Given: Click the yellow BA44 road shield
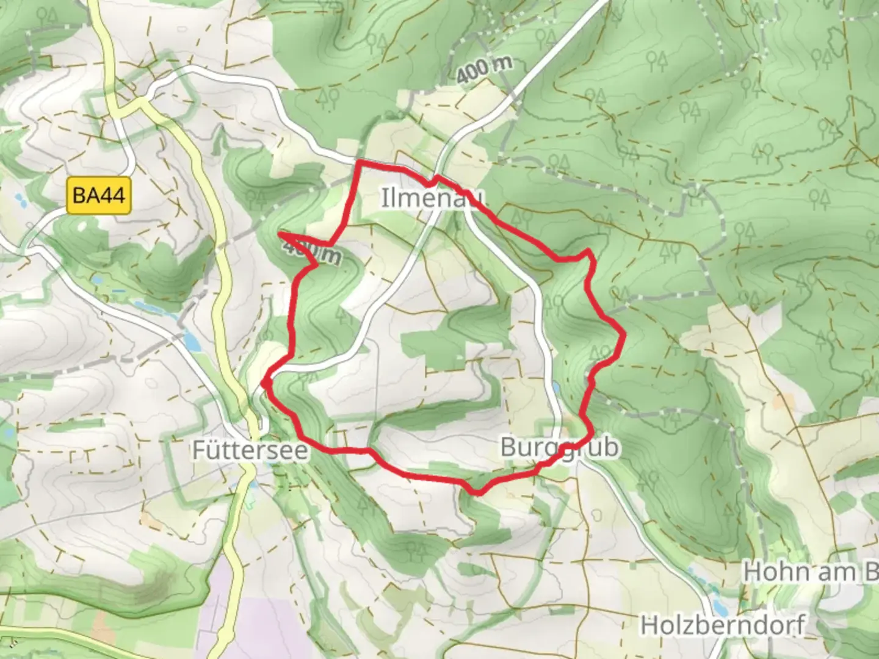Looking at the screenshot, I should (99, 195).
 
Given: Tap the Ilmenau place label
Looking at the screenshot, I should (433, 198).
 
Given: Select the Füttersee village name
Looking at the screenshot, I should (251, 450).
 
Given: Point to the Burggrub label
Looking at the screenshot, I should (559, 447).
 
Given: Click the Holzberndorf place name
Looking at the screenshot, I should (723, 625).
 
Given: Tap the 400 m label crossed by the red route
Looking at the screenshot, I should (311, 251).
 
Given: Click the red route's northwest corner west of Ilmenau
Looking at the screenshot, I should (358, 162).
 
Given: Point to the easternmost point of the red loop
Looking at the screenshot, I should (624, 334).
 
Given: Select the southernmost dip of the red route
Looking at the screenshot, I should (477, 492).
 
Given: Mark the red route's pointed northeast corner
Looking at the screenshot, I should (588, 251).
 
